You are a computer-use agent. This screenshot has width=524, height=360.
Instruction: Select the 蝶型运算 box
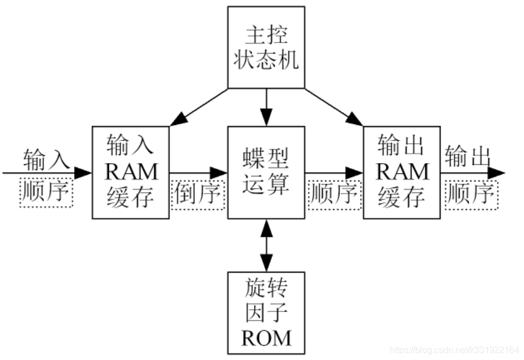[x=266, y=172]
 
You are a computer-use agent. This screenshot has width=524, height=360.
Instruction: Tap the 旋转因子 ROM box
[x=266, y=312]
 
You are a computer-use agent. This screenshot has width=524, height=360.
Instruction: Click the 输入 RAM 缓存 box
[x=130, y=172]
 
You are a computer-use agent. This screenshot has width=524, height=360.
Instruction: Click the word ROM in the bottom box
[x=266, y=336]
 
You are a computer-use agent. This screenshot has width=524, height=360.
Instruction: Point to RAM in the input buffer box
[x=131, y=172]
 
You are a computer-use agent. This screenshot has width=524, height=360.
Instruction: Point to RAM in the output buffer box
[x=402, y=172]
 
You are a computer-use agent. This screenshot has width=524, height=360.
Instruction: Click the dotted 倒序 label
[x=197, y=194]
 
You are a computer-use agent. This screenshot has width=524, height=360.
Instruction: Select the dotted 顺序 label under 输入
[x=46, y=192]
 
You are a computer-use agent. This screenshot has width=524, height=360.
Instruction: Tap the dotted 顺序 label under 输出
[x=470, y=193]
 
